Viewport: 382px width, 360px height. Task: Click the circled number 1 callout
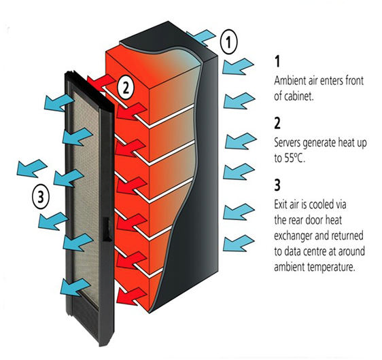228,42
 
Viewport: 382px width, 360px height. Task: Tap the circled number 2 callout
126,87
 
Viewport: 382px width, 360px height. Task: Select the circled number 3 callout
41,196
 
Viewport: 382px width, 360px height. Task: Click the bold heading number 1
277,61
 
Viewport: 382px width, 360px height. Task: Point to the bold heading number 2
277,123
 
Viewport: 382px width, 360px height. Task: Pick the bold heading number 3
277,185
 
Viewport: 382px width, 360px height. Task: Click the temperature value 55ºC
294,158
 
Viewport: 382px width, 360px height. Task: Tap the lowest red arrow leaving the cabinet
133,295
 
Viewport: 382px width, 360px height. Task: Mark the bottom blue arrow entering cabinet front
239,243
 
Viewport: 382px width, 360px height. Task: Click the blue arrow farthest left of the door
32,168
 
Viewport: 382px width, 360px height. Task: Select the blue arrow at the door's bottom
75,287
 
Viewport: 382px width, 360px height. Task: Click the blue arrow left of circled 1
201,37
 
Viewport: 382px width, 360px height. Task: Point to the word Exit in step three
281,204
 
